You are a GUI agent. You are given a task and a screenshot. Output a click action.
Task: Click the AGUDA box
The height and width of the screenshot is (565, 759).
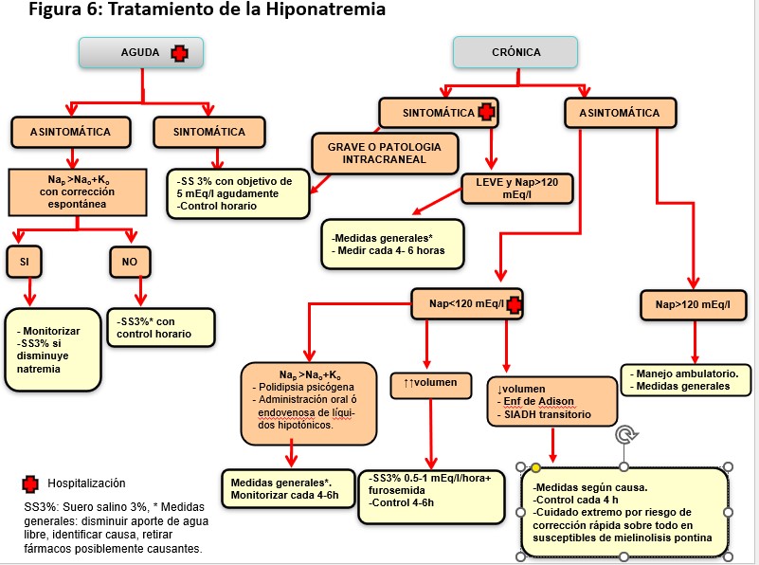click(x=140, y=53)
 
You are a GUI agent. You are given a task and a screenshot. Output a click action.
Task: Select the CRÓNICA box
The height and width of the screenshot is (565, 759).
click(x=515, y=53)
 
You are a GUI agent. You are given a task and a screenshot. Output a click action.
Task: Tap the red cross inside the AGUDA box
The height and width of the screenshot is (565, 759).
click(x=178, y=53)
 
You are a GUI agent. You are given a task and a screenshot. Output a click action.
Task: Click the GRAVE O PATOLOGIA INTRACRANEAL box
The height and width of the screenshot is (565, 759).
click(x=384, y=154)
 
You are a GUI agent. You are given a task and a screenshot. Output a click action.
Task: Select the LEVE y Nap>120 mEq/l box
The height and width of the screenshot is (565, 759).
click(x=516, y=188)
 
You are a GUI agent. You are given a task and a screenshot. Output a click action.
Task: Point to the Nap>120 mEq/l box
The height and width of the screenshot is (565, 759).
click(x=694, y=304)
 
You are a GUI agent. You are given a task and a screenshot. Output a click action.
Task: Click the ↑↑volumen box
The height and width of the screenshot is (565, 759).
click(x=424, y=383)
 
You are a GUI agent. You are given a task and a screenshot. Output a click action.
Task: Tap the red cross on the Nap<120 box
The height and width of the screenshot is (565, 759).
click(x=515, y=304)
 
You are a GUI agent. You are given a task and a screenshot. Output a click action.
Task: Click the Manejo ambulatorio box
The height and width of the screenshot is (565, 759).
click(x=687, y=378)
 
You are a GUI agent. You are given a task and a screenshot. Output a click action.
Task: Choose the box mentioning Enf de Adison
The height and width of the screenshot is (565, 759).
click(x=557, y=401)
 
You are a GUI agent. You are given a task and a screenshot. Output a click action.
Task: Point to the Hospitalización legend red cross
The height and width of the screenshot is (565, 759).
click(x=31, y=484)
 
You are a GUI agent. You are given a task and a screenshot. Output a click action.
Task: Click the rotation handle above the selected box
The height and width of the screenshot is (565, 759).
click(x=623, y=434)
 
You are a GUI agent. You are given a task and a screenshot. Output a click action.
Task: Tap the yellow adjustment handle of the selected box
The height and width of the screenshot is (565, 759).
click(x=535, y=467)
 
